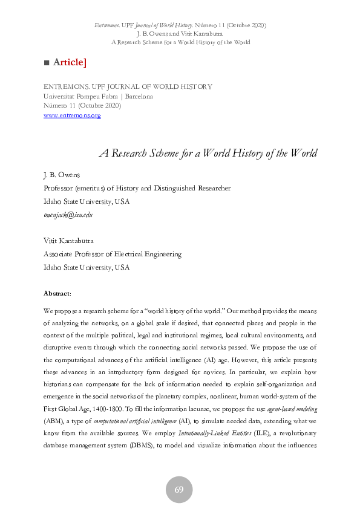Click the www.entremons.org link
(x=72, y=115)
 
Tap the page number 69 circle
(x=179, y=490)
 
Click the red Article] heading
(x=70, y=62)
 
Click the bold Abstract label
(x=57, y=293)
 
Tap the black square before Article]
(x=47, y=63)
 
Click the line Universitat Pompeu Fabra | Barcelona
(x=98, y=96)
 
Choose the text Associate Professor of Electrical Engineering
(x=113, y=254)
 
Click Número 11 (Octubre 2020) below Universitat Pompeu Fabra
(x=82, y=106)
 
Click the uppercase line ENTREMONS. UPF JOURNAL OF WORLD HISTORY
(x=128, y=86)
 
